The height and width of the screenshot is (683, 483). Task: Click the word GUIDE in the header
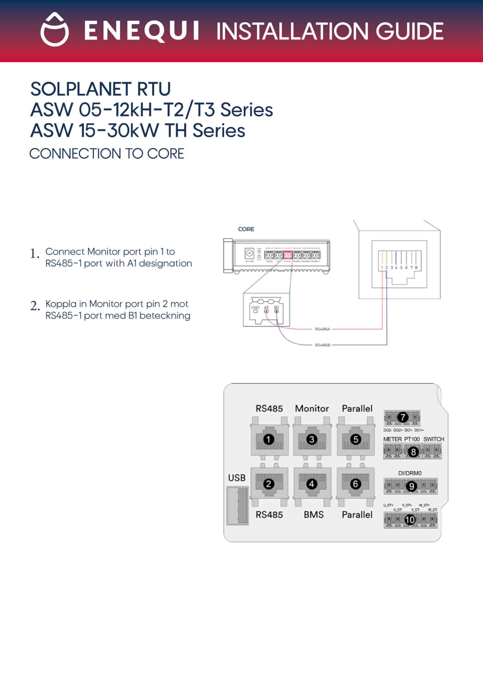[x=410, y=31]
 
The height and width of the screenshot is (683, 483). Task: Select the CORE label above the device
[x=246, y=229]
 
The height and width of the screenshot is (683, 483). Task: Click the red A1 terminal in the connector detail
[x=266, y=311]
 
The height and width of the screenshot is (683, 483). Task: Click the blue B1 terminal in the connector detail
[x=277, y=311]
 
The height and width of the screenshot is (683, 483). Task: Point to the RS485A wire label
[x=322, y=329]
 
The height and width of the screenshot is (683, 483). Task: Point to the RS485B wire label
[x=322, y=345]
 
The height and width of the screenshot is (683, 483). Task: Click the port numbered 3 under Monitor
[x=312, y=439]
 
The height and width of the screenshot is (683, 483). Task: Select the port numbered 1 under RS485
[x=269, y=439]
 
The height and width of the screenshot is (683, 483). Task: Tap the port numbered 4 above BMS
[x=312, y=484]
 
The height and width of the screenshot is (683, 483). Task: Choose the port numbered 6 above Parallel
[x=356, y=484]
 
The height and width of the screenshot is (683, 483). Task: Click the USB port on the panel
[x=237, y=505]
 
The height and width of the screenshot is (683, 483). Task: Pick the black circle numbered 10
[x=410, y=520]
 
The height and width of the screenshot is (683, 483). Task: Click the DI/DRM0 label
[x=410, y=473]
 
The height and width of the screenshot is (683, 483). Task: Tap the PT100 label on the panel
[x=412, y=439]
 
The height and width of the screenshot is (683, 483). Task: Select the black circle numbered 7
[x=403, y=417]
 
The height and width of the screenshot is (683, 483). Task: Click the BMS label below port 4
[x=314, y=515]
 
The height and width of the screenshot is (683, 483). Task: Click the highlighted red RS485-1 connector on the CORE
[x=288, y=255]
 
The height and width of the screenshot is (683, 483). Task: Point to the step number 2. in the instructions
[x=35, y=306]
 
